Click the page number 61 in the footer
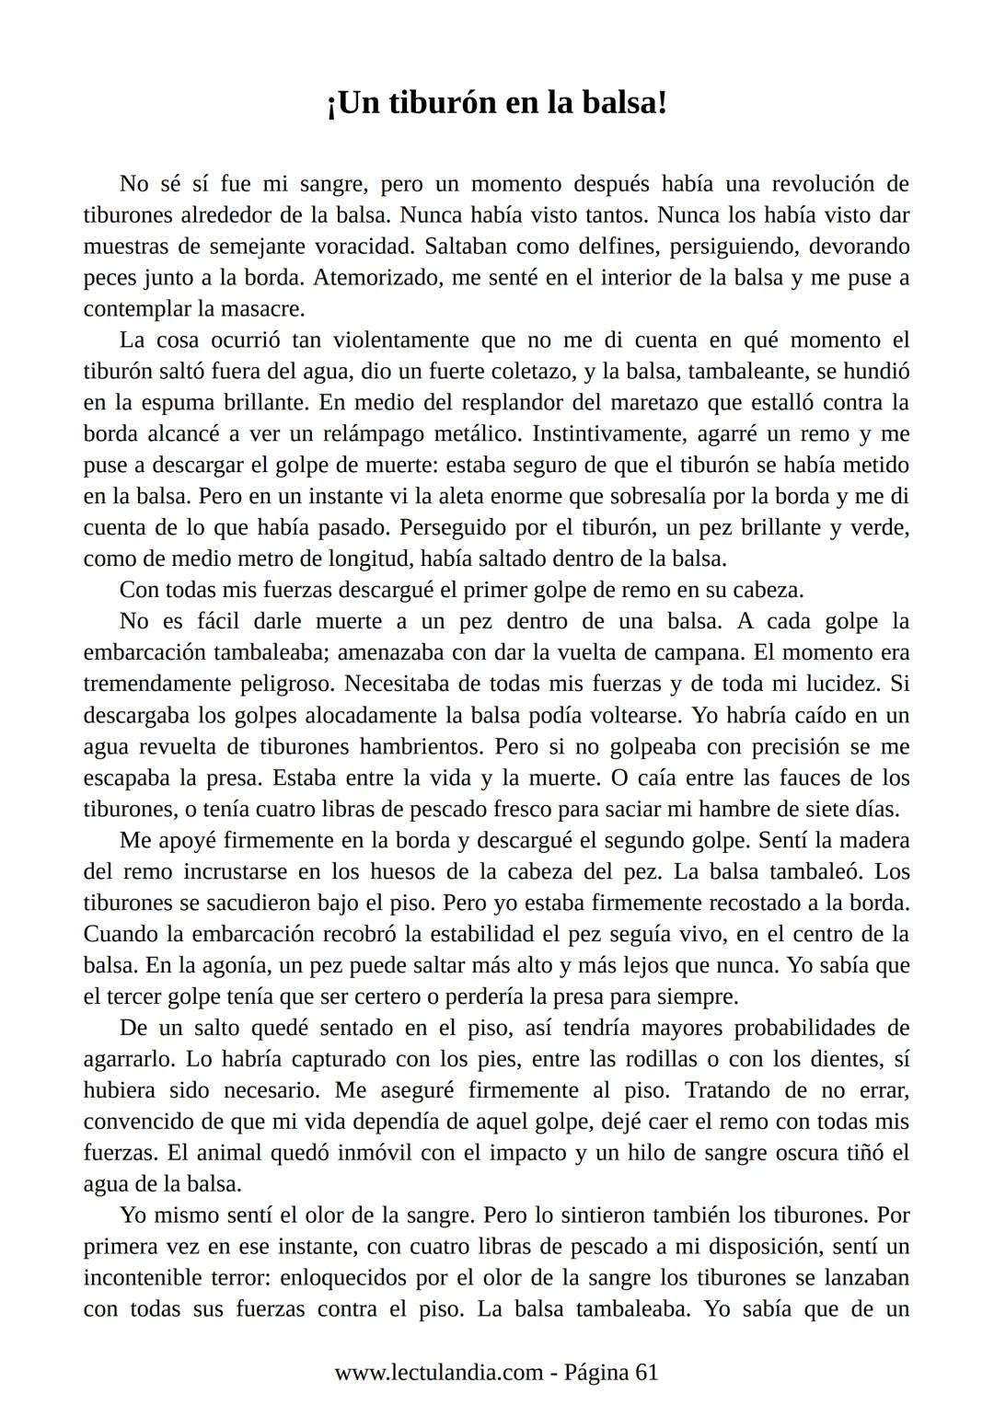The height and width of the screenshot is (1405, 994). point(647,1372)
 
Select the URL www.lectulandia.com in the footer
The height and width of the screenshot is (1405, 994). point(438,1372)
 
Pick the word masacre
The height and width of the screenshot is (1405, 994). point(260,309)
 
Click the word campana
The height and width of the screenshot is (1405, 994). point(698,652)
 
